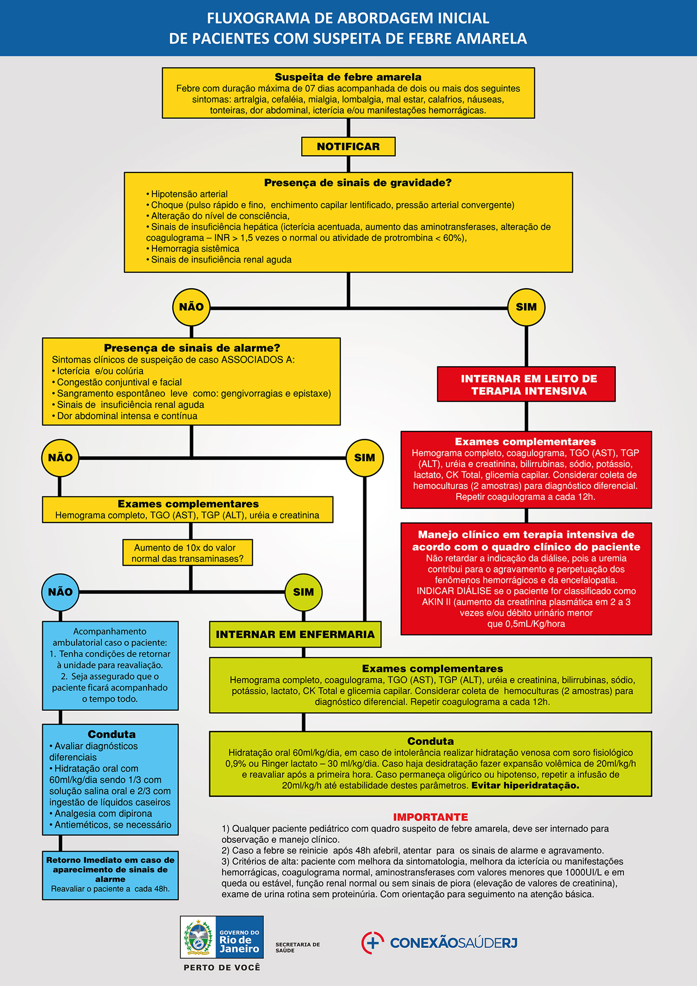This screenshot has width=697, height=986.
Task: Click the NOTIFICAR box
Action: click(x=348, y=146)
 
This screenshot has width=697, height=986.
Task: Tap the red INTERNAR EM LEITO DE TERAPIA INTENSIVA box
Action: click(x=526, y=384)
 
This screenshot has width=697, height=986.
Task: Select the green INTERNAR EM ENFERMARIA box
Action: click(x=295, y=635)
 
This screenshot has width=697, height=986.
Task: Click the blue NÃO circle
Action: click(x=60, y=592)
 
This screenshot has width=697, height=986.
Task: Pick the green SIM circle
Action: click(x=303, y=592)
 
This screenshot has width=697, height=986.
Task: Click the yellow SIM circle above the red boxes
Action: click(x=526, y=307)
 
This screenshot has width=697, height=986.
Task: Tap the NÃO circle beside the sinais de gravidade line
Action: click(x=191, y=307)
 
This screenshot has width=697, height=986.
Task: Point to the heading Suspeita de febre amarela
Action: click(x=348, y=77)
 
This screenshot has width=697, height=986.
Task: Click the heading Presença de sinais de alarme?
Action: click(x=192, y=348)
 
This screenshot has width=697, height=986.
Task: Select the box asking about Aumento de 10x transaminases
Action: click(x=188, y=553)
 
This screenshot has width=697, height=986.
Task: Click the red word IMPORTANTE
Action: click(x=430, y=817)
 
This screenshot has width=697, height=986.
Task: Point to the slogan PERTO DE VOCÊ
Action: click(x=222, y=967)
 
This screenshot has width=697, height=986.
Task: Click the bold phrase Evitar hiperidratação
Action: click(x=526, y=785)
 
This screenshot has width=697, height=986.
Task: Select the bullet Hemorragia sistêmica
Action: click(x=193, y=249)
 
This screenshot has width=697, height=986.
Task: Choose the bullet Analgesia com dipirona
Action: click(x=101, y=814)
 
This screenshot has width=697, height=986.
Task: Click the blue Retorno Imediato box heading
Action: click(x=110, y=869)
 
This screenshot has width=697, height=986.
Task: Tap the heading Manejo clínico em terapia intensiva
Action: click(x=526, y=541)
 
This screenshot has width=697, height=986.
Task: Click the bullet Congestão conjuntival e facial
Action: click(x=117, y=382)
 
